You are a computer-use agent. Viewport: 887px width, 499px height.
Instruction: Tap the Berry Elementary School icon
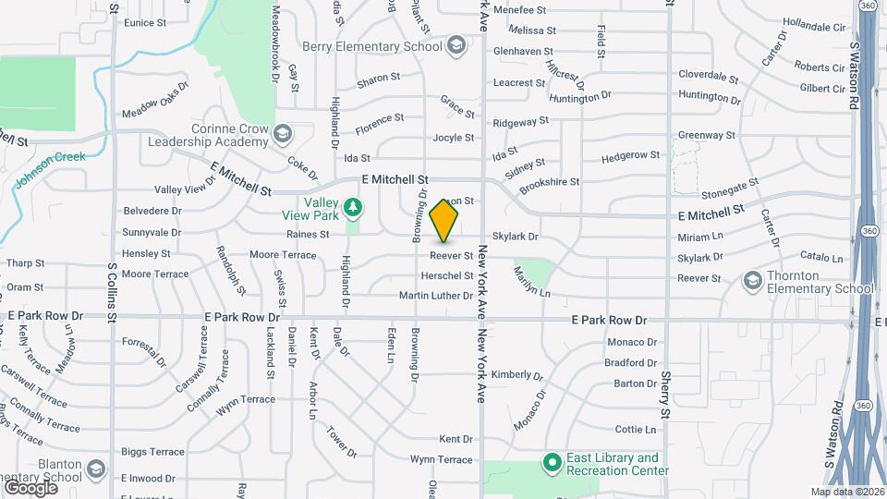[456, 46]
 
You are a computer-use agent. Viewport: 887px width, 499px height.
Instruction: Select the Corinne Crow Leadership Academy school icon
[282, 136]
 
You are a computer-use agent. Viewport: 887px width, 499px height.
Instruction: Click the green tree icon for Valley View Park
[352, 204]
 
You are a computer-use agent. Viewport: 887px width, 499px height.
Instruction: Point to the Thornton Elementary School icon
[754, 280]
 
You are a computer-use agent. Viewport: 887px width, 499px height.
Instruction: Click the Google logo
[30, 487]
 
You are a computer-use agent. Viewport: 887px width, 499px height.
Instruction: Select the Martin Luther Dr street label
[436, 296]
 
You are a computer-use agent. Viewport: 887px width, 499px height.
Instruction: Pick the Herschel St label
[447, 275]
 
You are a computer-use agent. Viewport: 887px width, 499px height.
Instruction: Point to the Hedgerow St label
[630, 156]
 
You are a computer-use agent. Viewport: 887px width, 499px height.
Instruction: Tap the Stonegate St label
[729, 189]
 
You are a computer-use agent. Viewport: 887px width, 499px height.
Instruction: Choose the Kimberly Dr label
[516, 374]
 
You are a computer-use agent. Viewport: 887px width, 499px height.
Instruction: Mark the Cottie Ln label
[636, 430]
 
